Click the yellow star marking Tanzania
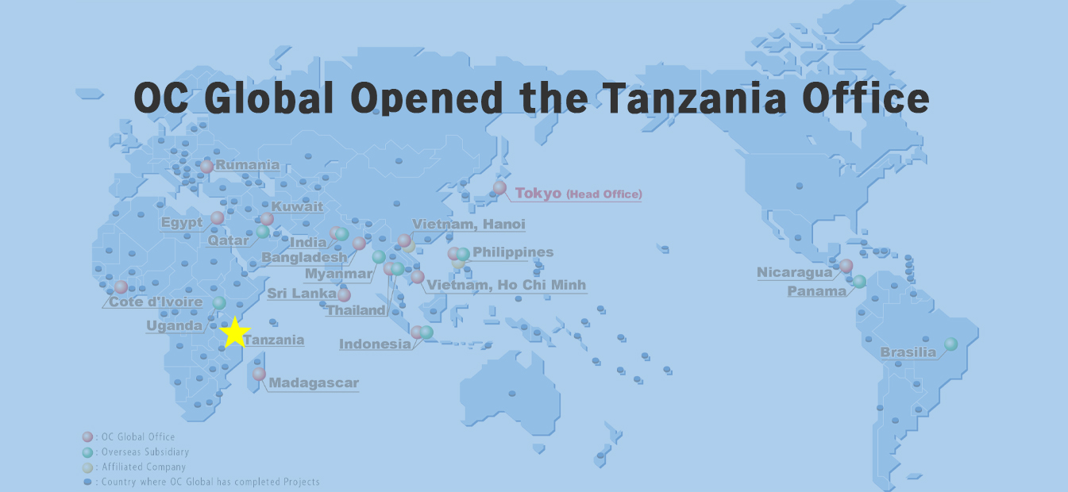(x=234, y=332)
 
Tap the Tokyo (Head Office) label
(x=578, y=194)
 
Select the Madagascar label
(x=314, y=383)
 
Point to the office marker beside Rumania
(x=207, y=167)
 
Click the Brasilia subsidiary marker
(x=950, y=344)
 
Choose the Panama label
(x=816, y=291)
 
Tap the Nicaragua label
(x=794, y=273)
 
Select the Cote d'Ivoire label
(x=155, y=302)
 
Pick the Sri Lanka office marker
(x=344, y=295)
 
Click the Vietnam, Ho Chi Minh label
(x=506, y=285)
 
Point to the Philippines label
(x=512, y=252)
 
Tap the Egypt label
(x=182, y=222)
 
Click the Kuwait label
(x=297, y=207)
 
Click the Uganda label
(x=174, y=325)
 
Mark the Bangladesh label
(x=304, y=258)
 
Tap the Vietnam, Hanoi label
(x=468, y=225)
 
